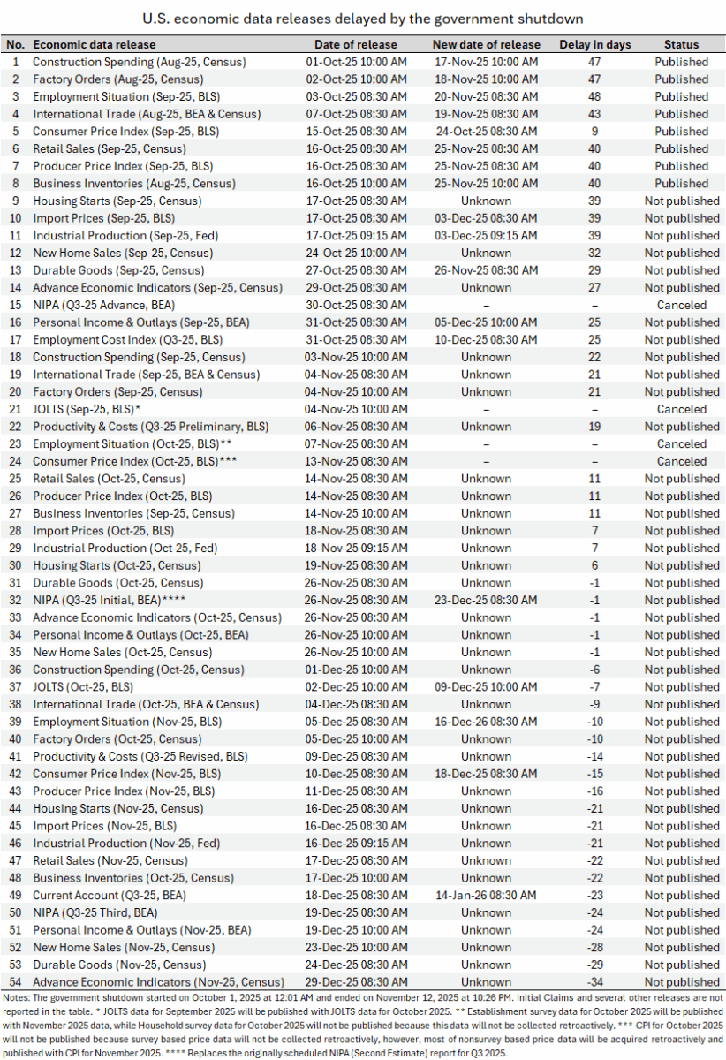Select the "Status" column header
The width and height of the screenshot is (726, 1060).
click(x=681, y=44)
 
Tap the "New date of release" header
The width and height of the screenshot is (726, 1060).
click(x=486, y=44)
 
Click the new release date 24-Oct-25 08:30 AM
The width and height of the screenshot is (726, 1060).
click(x=486, y=131)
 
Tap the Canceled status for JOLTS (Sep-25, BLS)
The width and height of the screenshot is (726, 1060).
click(x=681, y=409)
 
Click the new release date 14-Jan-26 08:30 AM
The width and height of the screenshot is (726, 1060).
click(x=486, y=895)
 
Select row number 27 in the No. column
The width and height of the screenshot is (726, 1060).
click(x=15, y=513)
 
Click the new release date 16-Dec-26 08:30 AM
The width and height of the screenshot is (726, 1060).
click(x=486, y=722)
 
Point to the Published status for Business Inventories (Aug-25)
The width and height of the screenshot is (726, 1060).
click(x=681, y=183)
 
